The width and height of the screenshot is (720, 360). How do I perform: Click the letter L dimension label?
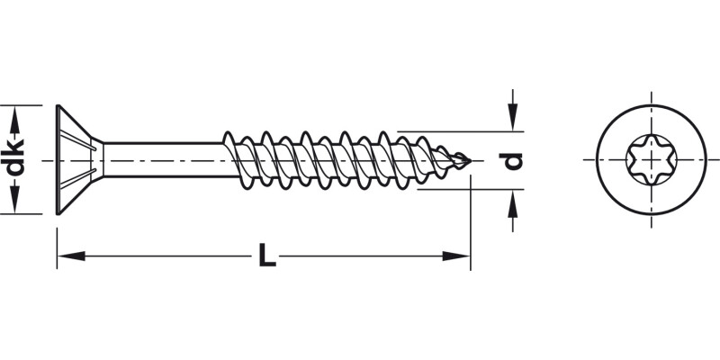coord(266,256)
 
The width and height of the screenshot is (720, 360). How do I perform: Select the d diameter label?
coord(511,160)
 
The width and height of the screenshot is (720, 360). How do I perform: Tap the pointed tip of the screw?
coord(471,161)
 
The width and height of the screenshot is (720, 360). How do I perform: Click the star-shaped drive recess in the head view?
coord(651,159)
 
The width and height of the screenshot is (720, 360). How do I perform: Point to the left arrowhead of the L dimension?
coord(71,256)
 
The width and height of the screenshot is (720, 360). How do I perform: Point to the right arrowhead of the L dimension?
coord(456,256)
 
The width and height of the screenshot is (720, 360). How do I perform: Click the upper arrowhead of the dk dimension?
coord(15,120)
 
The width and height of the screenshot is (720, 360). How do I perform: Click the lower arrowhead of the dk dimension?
coord(15,200)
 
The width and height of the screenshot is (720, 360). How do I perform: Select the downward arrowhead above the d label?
coord(512,117)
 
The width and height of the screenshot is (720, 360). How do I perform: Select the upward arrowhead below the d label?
coord(512,203)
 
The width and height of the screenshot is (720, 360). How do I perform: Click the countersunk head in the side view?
coord(79,159)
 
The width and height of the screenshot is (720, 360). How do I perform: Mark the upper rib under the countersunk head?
coord(78,140)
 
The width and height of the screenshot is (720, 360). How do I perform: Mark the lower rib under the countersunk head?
coord(78,178)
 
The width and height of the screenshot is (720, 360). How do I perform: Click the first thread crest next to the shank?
coord(229,137)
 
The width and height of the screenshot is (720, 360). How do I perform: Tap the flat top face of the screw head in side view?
coord(58,159)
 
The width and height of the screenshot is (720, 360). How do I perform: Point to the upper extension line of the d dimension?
coord(461,131)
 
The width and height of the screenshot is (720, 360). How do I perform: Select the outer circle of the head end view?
coord(651,159)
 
